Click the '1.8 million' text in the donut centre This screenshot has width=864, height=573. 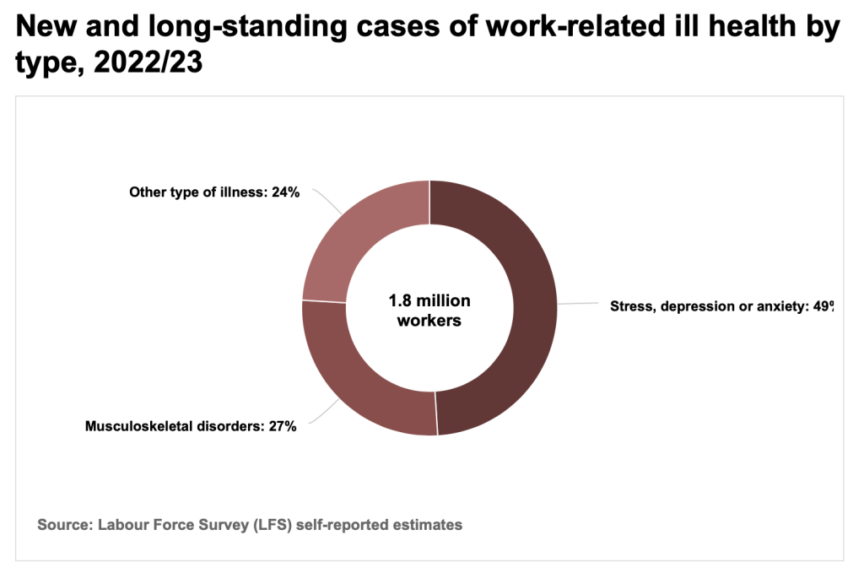tap(429, 300)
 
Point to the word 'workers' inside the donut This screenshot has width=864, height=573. tap(429, 321)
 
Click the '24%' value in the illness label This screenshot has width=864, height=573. tap(284, 192)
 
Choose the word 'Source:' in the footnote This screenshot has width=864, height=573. tap(65, 524)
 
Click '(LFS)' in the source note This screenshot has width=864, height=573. tap(275, 524)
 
